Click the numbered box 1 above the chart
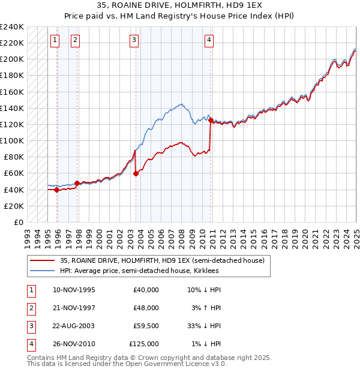click(55, 40)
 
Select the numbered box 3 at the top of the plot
click(133, 40)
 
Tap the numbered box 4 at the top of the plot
click(209, 40)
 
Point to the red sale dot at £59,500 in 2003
click(136, 174)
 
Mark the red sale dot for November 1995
click(57, 190)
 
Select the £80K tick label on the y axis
click(13, 157)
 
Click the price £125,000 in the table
click(144, 344)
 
